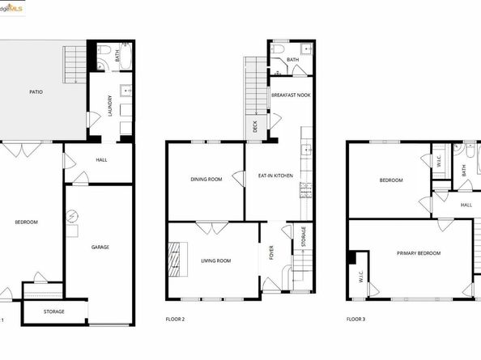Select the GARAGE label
coord(100,248)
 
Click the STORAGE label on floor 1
coord(53,311)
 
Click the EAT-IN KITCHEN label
coord(275,176)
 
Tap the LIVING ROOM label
coord(216,260)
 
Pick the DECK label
coord(254,126)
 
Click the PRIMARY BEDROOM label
coord(419,253)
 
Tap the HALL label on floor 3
coord(466,205)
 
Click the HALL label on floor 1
coord(101,159)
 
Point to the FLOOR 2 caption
coord(173,320)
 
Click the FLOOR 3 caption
coord(357,320)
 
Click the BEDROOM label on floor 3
coord(390,180)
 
